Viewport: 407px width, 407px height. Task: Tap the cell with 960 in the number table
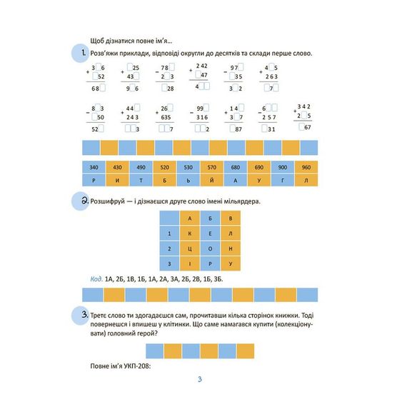click(x=307, y=166)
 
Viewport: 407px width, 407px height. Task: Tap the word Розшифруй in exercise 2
click(x=109, y=202)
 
